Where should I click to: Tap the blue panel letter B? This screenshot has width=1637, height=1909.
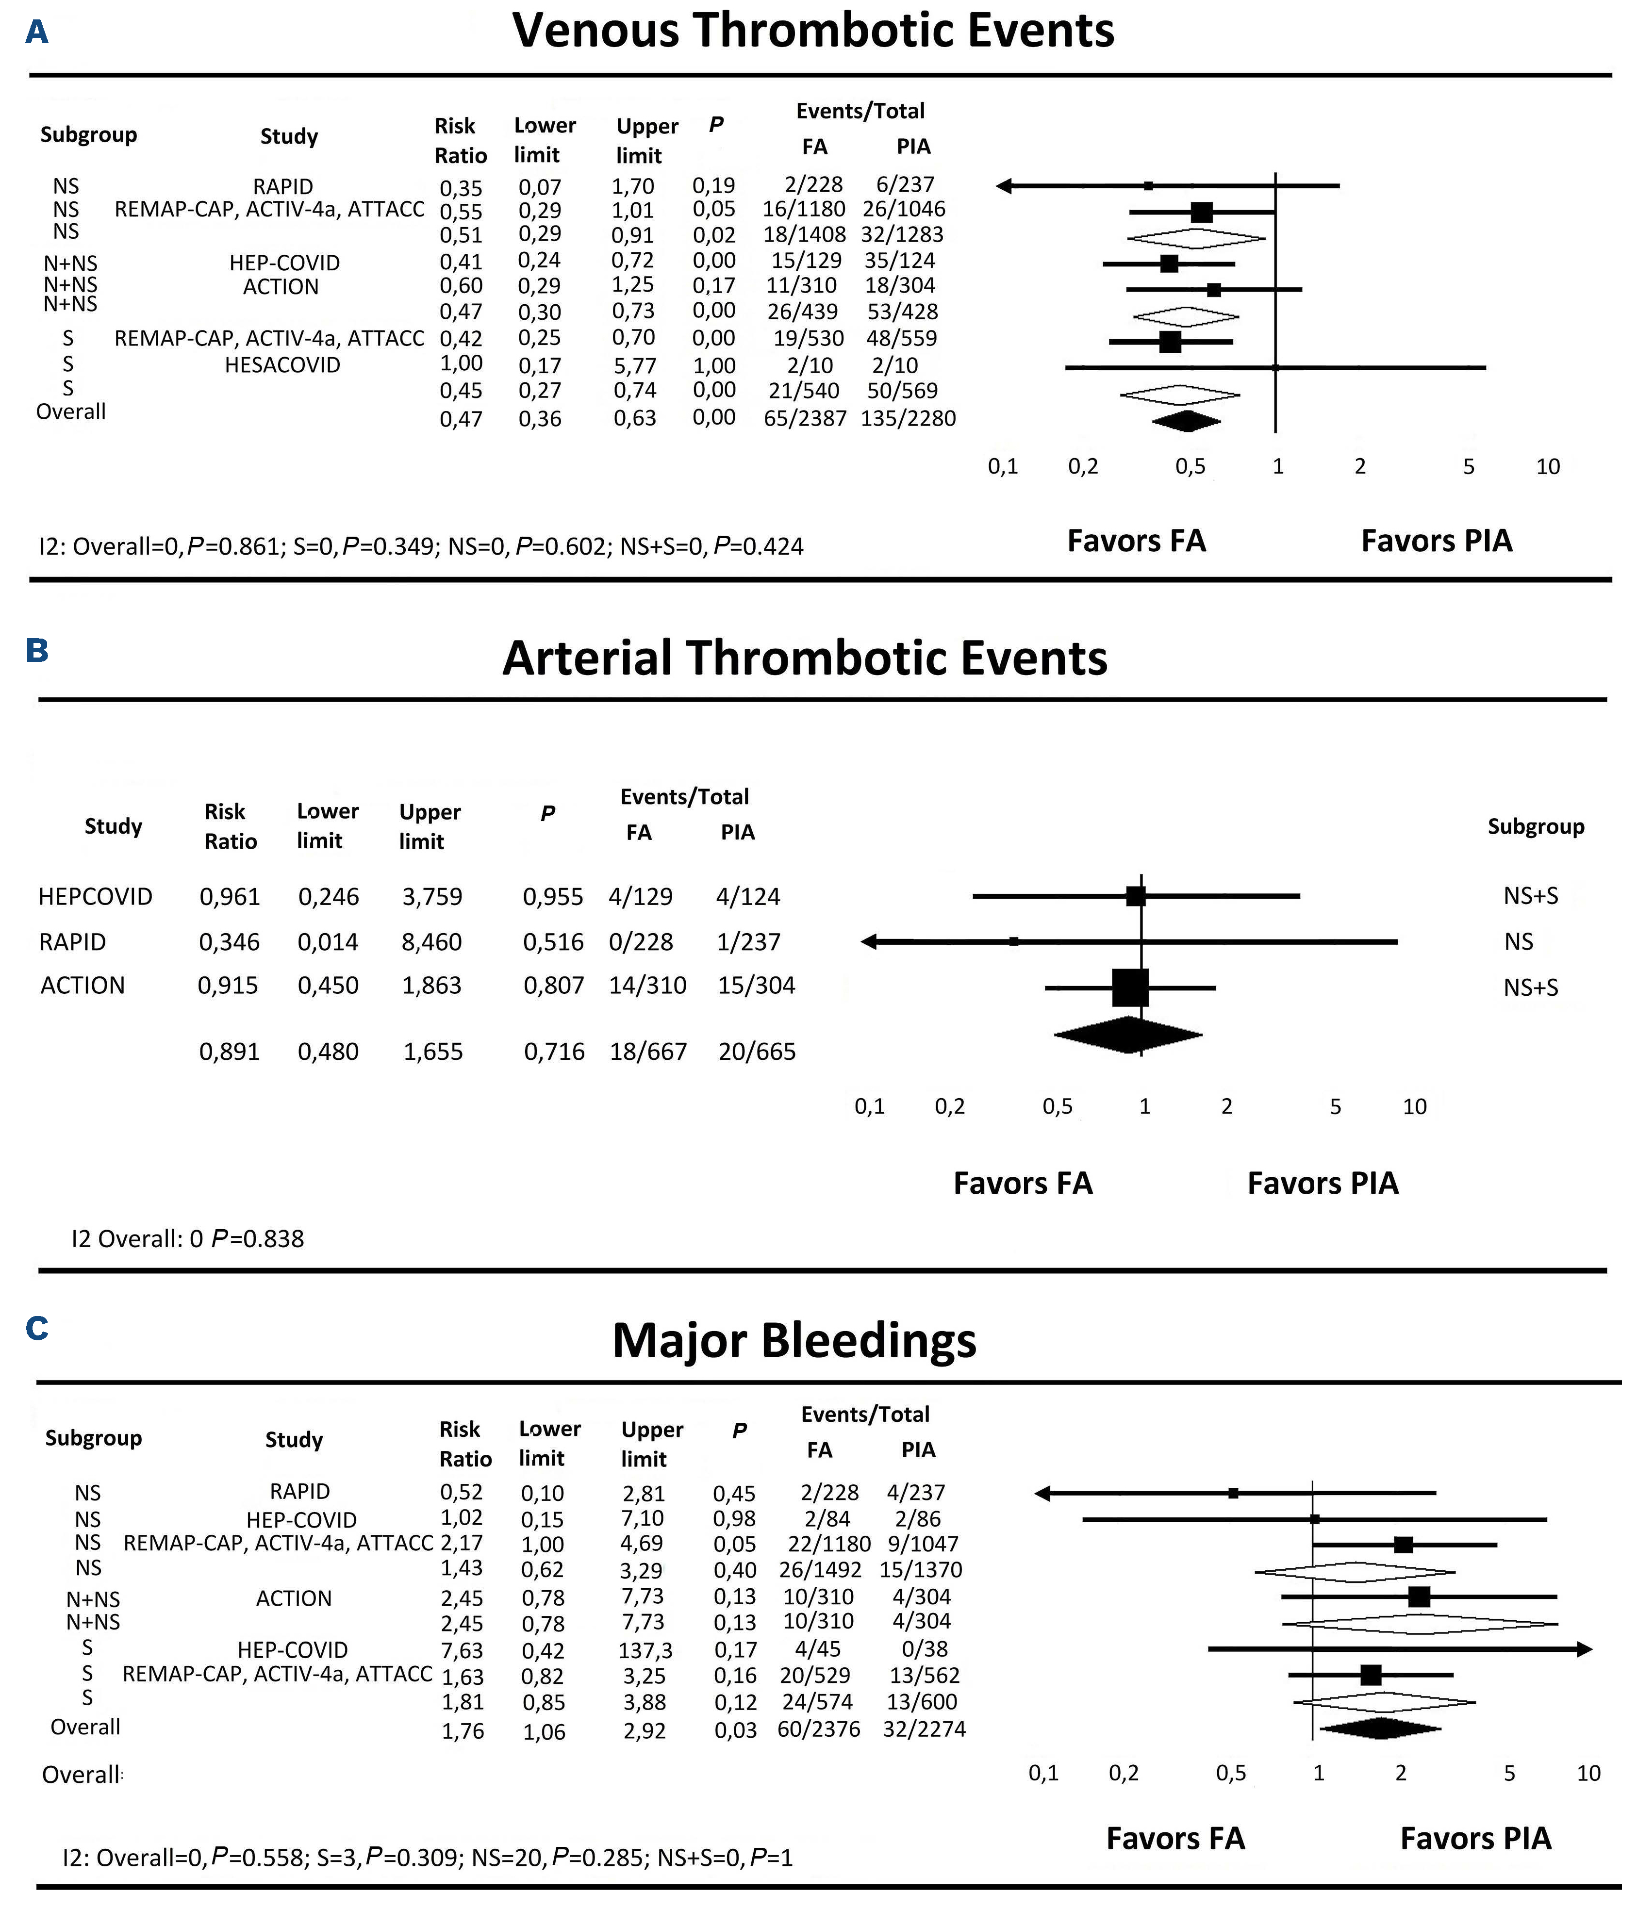coord(37,650)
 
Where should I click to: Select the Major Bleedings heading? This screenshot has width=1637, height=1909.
coord(794,1341)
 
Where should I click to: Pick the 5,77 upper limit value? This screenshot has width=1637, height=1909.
coord(635,366)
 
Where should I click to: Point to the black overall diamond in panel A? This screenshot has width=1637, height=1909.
coord(1187,421)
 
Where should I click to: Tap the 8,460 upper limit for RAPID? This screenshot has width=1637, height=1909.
coord(432,941)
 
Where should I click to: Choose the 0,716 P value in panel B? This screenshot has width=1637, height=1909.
coord(554,1051)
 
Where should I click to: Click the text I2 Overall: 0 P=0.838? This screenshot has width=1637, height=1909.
coord(188,1238)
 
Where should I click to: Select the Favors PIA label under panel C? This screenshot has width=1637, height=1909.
coord(1475,1838)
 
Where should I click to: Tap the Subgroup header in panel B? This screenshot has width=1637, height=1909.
coord(1536,826)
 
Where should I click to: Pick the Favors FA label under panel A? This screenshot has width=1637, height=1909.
coord(1136,541)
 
